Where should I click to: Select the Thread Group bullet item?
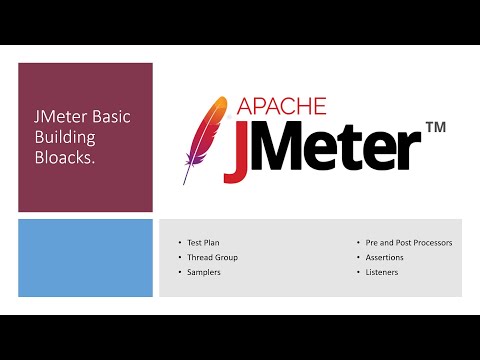pyautogui.click(x=212, y=257)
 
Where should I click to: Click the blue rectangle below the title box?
pyautogui.click(x=85, y=258)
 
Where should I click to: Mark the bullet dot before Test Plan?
pyautogui.click(x=179, y=243)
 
